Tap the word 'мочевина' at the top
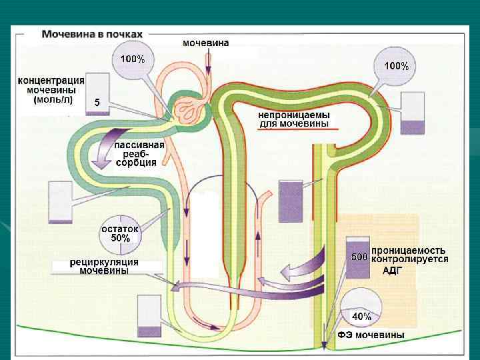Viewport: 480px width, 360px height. (206, 43)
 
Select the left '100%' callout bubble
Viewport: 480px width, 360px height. (132, 60)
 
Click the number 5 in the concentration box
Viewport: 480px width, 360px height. (97, 103)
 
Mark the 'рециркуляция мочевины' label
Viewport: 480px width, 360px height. (105, 266)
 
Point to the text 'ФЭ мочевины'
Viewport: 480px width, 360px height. (371, 334)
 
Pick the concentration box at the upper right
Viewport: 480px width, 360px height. (412, 114)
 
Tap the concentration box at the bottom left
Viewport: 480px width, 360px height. (149, 317)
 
